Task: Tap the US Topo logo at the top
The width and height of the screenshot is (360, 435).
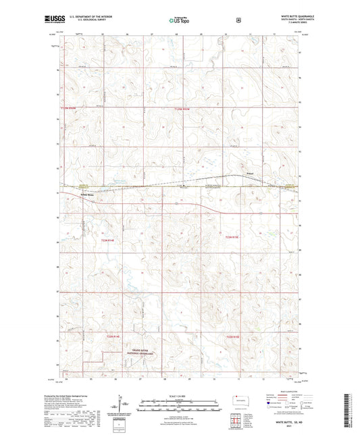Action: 180,21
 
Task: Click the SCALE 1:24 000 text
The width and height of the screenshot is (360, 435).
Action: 180,396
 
